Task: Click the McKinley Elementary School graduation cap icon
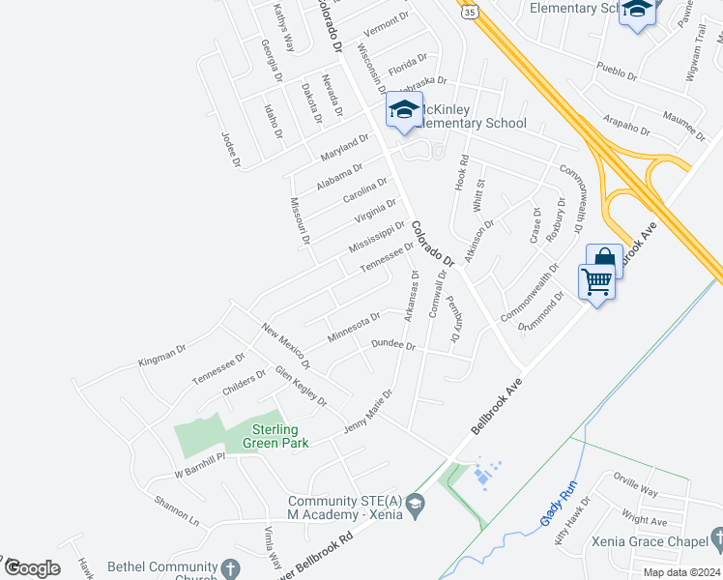[x=405, y=110]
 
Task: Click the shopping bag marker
[x=604, y=259]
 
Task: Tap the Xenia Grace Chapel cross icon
[x=714, y=537]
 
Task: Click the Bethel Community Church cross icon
[x=229, y=568]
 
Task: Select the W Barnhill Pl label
[x=199, y=463]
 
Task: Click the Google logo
[x=32, y=567]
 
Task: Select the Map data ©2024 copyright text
[x=681, y=572]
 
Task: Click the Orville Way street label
[x=635, y=484]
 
